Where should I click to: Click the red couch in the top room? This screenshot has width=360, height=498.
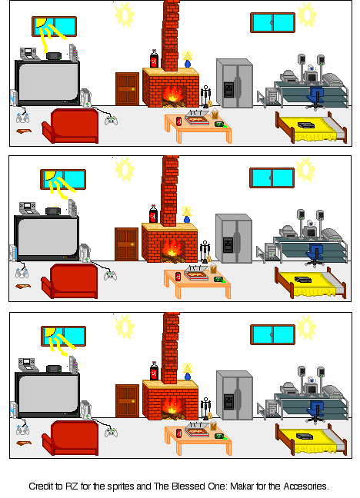[x=70, y=126]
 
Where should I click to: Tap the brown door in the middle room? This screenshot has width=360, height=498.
[x=127, y=244]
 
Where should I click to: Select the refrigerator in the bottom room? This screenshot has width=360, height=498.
[x=235, y=395]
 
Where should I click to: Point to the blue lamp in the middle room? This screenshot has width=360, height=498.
[x=187, y=214]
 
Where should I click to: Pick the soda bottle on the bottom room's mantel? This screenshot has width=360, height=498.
[x=155, y=370]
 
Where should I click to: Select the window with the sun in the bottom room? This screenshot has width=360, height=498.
[x=63, y=336]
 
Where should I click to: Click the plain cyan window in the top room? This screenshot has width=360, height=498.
[x=272, y=22]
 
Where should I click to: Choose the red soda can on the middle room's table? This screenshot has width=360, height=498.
[x=178, y=277]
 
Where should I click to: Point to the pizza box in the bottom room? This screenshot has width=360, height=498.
[x=197, y=431]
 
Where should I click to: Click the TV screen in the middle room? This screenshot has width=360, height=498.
[x=48, y=237]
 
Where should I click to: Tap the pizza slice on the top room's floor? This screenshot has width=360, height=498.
[x=24, y=131]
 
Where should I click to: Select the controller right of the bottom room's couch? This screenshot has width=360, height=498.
[x=111, y=432]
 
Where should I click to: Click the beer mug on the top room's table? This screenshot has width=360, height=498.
[x=215, y=114]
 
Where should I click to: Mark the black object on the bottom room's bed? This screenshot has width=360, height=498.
[x=305, y=437]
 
